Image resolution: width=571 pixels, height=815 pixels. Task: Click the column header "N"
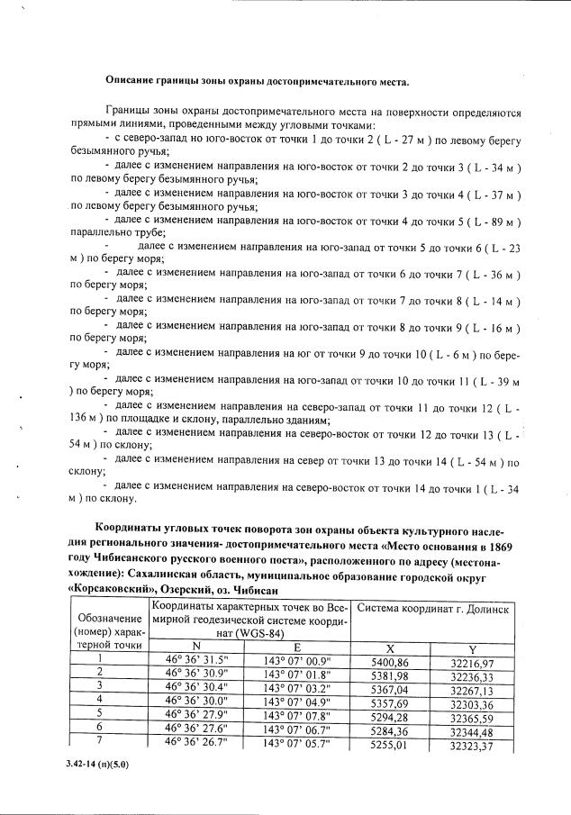[x=196, y=647]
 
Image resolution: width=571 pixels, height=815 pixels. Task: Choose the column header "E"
[x=297, y=647]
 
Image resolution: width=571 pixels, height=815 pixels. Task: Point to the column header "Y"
[x=472, y=648]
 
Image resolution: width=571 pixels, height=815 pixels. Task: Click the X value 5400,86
[x=390, y=661]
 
